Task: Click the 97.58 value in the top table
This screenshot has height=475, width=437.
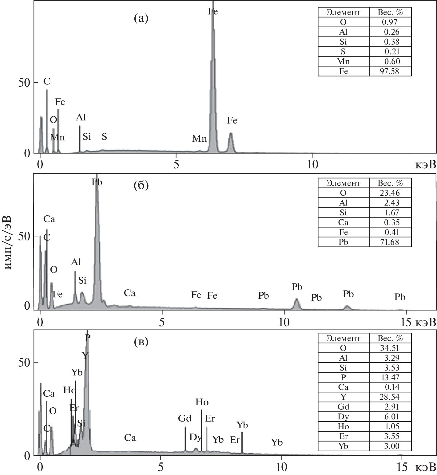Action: coord(390,71)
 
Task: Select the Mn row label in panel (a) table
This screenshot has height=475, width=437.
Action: coord(343,61)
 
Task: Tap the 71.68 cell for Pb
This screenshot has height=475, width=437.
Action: coord(390,242)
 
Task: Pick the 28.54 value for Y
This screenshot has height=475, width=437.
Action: coord(390,397)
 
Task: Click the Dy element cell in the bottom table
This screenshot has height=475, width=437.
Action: coord(343,417)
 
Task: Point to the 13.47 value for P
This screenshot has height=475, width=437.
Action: coord(390,377)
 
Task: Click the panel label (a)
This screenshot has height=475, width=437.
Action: coord(141,19)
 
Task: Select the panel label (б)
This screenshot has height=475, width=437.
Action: coord(141,186)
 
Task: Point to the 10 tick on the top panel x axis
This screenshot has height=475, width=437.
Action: coord(312,164)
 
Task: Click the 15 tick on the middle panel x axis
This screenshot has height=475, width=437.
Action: coord(406,322)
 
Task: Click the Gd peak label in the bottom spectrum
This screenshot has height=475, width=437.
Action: coord(185,418)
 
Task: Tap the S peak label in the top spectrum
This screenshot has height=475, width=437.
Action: coord(104,136)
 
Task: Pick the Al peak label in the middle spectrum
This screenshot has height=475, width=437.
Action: coord(75,262)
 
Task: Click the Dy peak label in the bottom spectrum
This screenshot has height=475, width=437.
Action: coord(195,437)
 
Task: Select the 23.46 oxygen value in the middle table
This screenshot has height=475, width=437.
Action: coord(390,193)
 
